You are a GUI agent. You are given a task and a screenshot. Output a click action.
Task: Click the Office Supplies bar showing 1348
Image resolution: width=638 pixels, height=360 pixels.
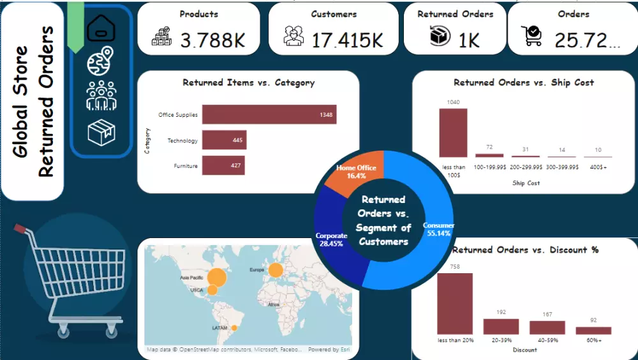(269, 115)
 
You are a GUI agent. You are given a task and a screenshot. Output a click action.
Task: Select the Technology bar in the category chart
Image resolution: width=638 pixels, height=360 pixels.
(224, 140)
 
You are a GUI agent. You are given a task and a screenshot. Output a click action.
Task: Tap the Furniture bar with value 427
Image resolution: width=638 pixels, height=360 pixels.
(223, 165)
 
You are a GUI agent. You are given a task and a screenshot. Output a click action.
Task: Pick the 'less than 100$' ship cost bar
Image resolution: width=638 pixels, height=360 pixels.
(453, 133)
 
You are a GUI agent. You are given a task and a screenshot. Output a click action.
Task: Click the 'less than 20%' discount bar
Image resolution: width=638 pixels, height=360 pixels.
(455, 304)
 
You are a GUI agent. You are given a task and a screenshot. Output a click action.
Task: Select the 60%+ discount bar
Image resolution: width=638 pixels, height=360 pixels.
(593, 331)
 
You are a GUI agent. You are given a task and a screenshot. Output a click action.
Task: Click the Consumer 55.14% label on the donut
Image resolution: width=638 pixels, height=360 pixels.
(438, 229)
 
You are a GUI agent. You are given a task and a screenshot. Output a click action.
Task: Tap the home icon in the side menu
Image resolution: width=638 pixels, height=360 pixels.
(101, 26)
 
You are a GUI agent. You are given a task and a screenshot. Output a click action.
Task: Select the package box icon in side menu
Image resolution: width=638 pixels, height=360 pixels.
(101, 132)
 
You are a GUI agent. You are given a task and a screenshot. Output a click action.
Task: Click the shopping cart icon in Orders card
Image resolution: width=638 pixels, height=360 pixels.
(531, 36)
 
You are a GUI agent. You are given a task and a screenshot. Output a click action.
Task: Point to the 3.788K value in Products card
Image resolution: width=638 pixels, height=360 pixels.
(212, 41)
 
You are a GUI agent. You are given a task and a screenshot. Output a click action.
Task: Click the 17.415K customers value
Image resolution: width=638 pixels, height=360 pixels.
(347, 41)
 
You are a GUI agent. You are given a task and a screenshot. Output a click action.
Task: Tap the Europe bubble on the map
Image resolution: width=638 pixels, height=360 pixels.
(276, 271)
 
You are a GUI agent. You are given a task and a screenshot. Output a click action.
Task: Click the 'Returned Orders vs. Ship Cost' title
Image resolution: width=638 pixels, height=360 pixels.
(523, 82)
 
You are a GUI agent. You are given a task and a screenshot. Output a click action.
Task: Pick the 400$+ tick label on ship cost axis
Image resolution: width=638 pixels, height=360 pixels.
(598, 167)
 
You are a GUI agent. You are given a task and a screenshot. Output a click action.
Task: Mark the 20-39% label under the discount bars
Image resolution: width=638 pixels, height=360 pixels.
(501, 340)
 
